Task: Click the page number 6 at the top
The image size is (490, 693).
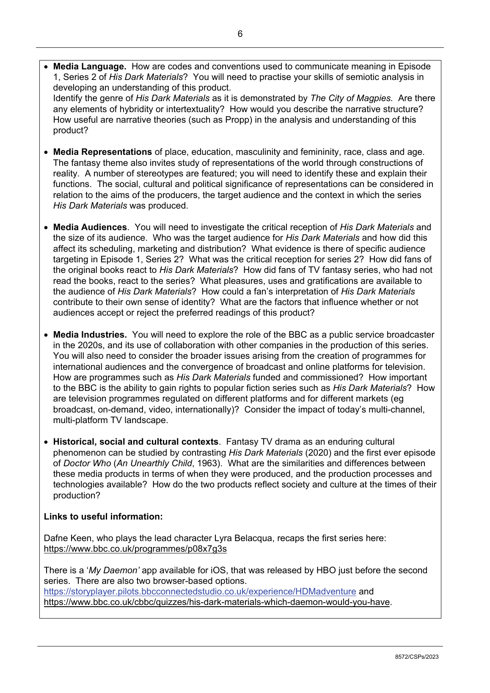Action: coord(240,34)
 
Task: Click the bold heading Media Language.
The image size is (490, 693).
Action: coord(89,66)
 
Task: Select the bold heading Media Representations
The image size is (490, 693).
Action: coord(102,152)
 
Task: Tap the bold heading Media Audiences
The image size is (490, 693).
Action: coord(90,227)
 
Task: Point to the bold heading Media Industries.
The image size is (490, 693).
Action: coord(90,335)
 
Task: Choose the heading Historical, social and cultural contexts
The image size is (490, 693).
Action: coord(135,442)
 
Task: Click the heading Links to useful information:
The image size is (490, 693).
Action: coord(103,517)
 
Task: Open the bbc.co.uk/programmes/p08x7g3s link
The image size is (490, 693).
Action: coord(135,549)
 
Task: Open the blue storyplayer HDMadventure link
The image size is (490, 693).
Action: coord(200,591)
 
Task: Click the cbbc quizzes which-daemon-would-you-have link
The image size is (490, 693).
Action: coord(217,602)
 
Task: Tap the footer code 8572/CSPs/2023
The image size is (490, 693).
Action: coord(417,657)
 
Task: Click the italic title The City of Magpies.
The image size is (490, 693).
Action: coord(351,98)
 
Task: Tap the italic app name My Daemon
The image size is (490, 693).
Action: coord(114,570)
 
